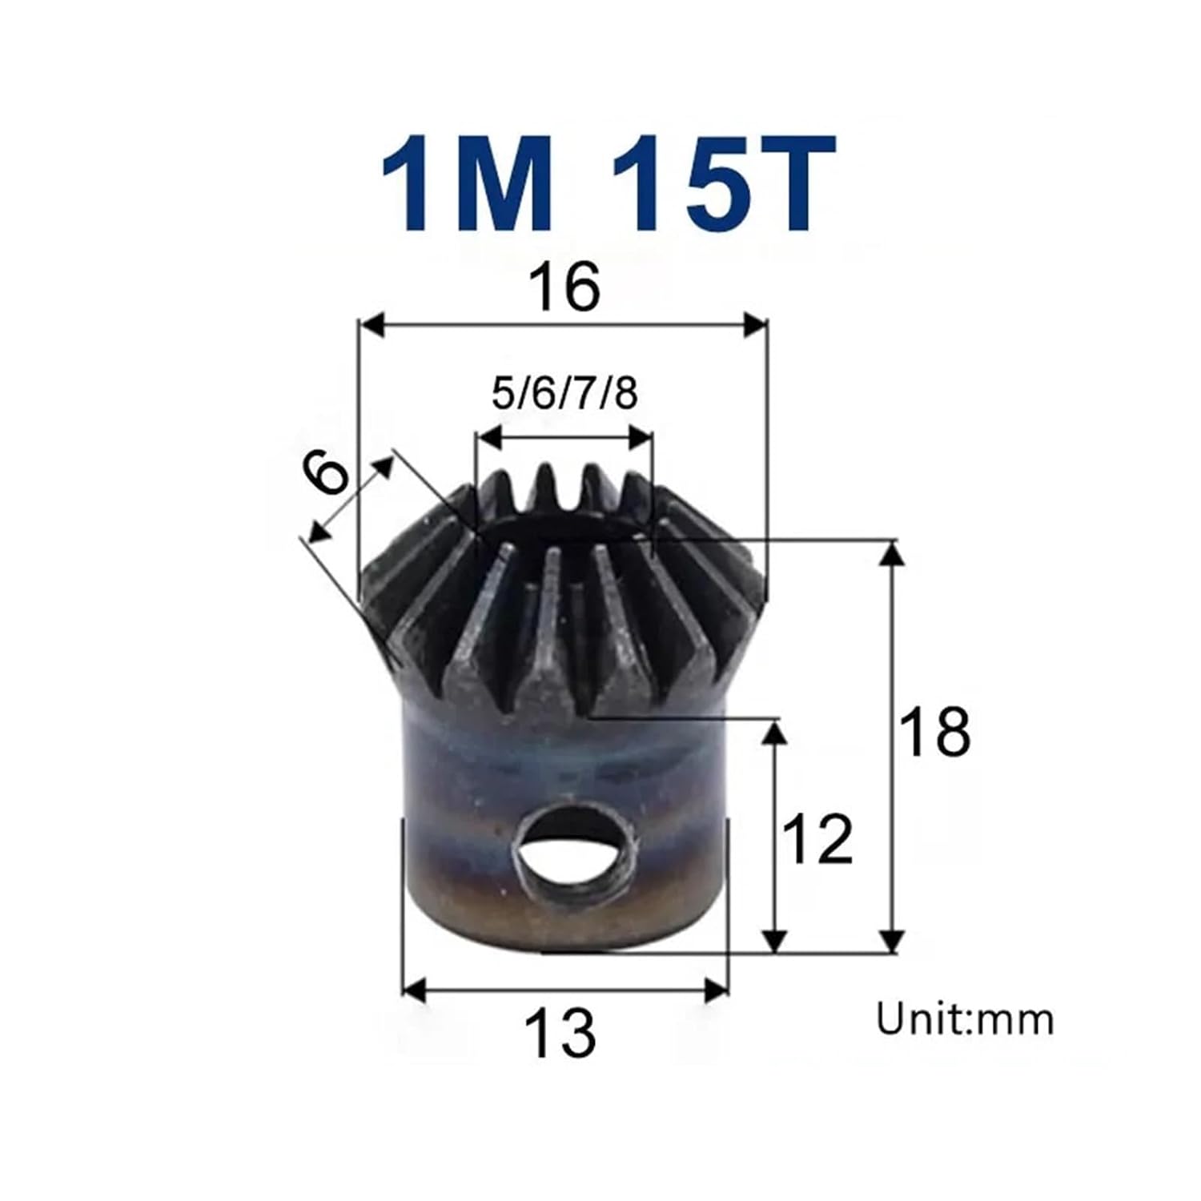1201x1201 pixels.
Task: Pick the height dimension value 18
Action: point(934,732)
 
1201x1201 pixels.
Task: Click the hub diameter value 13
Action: point(560,1032)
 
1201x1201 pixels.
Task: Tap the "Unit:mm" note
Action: point(965,1020)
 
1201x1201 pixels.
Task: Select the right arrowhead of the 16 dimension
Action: point(756,326)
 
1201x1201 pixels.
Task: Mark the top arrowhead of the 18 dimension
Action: point(892,552)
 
